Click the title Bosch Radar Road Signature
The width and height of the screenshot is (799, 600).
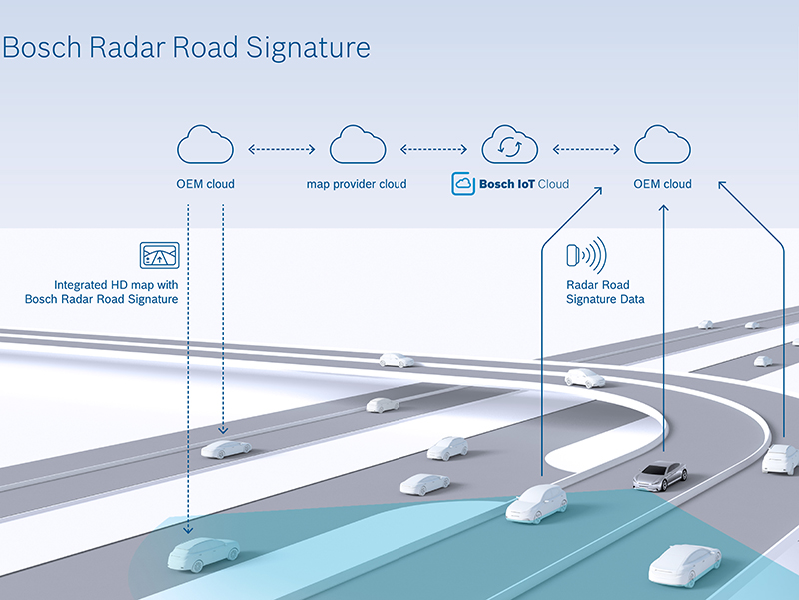186,47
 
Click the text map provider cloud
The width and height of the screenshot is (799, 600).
357,184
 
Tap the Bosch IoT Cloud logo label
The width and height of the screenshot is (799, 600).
510,184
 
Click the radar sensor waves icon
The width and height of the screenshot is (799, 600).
586,257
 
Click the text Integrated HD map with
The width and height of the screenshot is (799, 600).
117,285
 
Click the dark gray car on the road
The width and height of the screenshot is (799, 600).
659,474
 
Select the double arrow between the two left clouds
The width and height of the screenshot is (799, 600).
281,149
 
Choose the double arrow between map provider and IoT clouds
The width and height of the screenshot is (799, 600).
433,149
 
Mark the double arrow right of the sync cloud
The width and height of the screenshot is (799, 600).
586,149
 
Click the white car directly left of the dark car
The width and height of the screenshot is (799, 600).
536,503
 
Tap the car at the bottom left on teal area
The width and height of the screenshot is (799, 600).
203,553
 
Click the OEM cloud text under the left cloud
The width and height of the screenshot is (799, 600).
205,184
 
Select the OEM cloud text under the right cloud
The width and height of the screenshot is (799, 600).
663,184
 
